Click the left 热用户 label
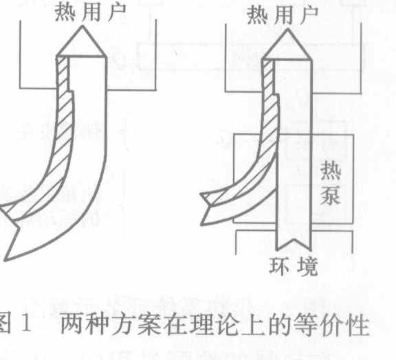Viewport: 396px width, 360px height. pyautogui.click(x=90, y=12)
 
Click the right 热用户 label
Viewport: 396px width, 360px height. pyautogui.click(x=283, y=15)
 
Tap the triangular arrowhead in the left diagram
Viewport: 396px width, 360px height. pyautogui.click(x=82, y=42)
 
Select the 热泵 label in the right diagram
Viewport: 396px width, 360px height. pyautogui.click(x=330, y=183)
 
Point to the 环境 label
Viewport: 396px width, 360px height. pyautogui.click(x=293, y=266)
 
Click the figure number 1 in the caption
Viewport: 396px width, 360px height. pyautogui.click(x=25, y=325)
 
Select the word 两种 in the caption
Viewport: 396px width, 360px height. pyautogui.click(x=85, y=325)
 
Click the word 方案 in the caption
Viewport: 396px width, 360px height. pyautogui.click(x=136, y=325)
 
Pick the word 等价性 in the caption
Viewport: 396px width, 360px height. pyautogui.click(x=331, y=325)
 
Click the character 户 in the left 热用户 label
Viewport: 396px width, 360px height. pyautogui.click(x=117, y=12)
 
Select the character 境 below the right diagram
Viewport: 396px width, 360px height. pyautogui.click(x=307, y=267)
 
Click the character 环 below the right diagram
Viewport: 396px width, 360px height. pyautogui.click(x=278, y=266)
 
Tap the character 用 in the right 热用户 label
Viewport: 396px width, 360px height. pyautogui.click(x=283, y=16)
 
